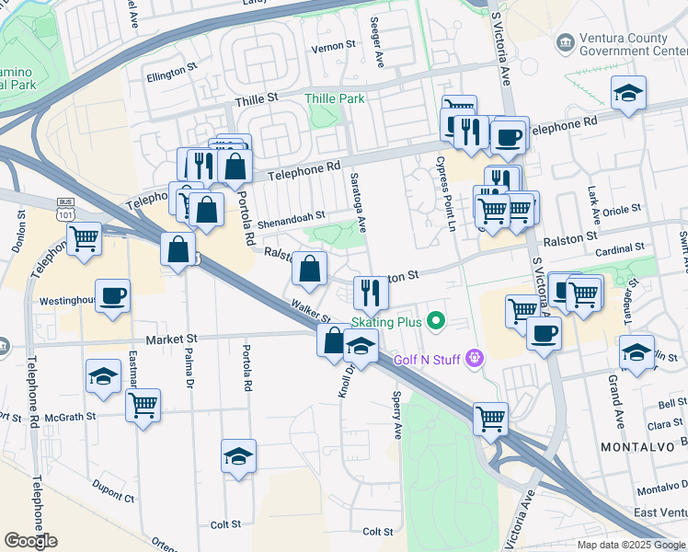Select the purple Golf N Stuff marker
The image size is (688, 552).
coord(475,357)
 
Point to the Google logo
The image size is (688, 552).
coord(30,541)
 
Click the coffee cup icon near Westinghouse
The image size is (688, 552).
coord(113,296)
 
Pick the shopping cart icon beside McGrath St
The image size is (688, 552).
coord(143,404)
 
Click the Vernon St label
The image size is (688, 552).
coord(333,46)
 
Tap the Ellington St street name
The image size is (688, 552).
coord(173,68)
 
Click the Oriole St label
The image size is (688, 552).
coord(621,210)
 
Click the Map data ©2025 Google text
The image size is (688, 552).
coord(630,545)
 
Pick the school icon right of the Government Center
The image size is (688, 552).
coord(629,93)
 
